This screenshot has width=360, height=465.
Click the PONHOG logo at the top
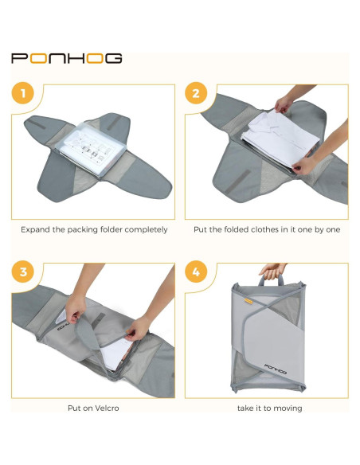pos(66,58)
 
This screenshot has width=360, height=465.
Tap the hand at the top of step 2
pos(285,104)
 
